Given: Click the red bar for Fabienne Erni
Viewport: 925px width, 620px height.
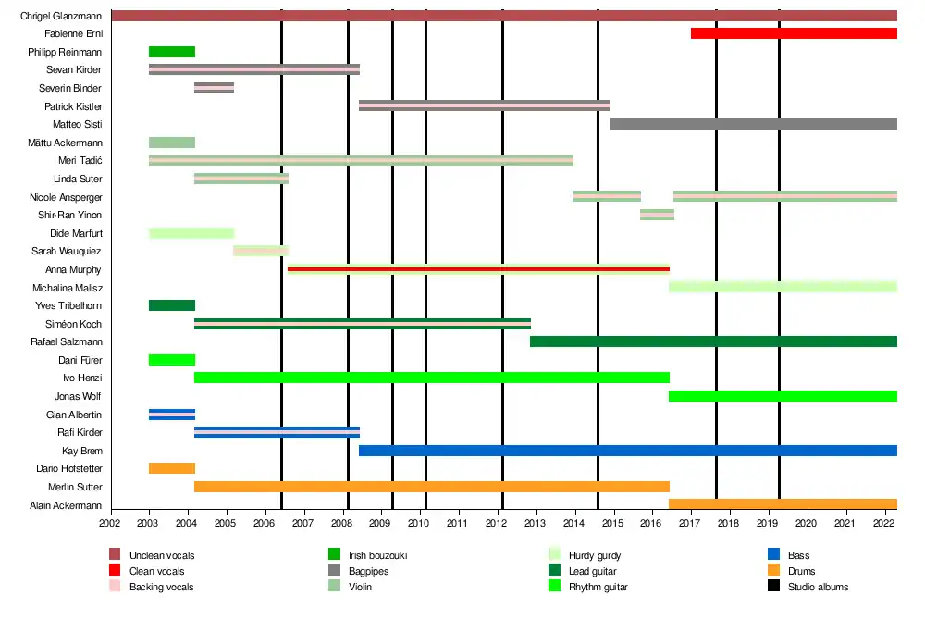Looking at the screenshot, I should pyautogui.click(x=794, y=33).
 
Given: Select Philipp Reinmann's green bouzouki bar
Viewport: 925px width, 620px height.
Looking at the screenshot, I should pyautogui.click(x=172, y=52).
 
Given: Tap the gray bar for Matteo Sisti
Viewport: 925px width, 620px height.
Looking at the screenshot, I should pyautogui.click(x=753, y=124).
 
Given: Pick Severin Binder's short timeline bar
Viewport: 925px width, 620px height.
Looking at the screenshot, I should pyautogui.click(x=214, y=88).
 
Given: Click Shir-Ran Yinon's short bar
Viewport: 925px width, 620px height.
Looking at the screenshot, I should pyautogui.click(x=657, y=215).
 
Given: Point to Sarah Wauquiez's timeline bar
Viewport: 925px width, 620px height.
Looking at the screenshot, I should pyautogui.click(x=261, y=251).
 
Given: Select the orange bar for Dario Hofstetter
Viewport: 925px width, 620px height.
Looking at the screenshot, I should pyautogui.click(x=172, y=468).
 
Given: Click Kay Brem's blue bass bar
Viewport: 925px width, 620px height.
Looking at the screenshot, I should pyautogui.click(x=627, y=451).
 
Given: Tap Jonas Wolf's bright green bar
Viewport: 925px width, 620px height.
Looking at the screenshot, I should pyautogui.click(x=783, y=396).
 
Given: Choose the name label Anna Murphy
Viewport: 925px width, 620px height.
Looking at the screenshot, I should pyautogui.click(x=73, y=269).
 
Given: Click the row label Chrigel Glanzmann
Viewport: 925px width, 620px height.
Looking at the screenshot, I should pyautogui.click(x=61, y=16).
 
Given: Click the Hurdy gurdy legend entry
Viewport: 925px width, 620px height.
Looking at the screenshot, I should pyautogui.click(x=595, y=555).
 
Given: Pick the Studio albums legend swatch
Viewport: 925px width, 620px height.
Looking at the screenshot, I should pyautogui.click(x=774, y=587).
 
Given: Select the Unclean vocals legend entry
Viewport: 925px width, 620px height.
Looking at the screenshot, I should pyautogui.click(x=162, y=555).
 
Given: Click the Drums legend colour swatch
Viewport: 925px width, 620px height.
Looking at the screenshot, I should pyautogui.click(x=774, y=571).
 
